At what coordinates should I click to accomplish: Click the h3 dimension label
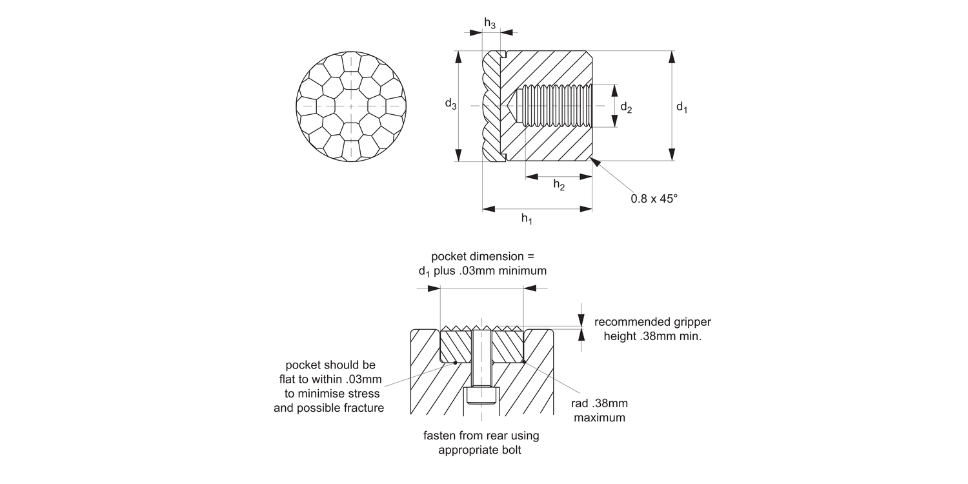point(490,23)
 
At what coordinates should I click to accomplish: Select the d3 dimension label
point(450,104)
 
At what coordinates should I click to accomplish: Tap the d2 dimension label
point(626,107)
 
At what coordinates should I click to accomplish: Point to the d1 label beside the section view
point(682,106)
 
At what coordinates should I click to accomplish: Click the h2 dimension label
point(559,185)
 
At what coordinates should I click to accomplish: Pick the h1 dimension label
point(527,219)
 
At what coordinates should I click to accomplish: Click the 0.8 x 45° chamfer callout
point(654,199)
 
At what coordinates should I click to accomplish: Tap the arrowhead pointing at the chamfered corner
point(595,162)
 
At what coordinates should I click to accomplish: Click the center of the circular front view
point(351,106)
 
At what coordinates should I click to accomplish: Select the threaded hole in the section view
point(555,106)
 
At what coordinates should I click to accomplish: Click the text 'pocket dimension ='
point(483,256)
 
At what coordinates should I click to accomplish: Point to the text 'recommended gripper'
point(652,322)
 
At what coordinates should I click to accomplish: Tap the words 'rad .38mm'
point(600,403)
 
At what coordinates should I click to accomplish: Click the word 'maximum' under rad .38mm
point(600,418)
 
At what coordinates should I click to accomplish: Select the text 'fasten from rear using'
point(481,436)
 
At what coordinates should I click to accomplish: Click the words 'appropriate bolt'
point(479,450)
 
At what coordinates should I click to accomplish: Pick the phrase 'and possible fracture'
point(329,408)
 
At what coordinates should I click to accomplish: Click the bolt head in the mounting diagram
point(482,396)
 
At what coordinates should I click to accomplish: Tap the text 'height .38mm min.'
point(652,336)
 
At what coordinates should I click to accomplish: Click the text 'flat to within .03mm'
point(330,379)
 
